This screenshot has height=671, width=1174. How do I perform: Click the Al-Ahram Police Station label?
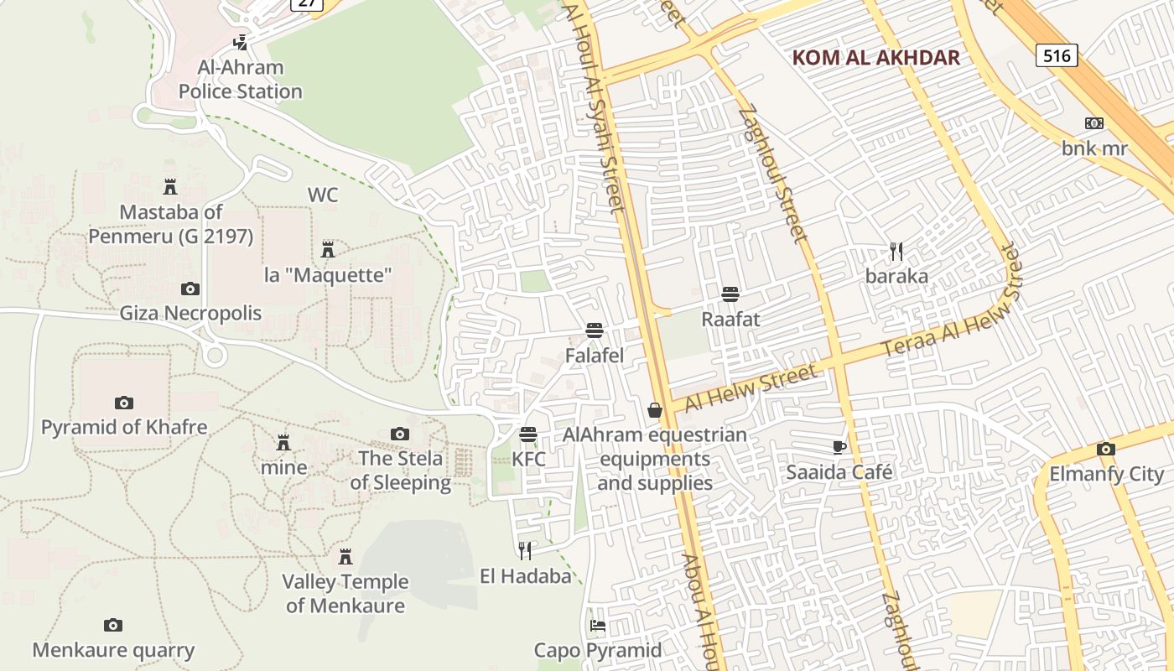click(x=240, y=80)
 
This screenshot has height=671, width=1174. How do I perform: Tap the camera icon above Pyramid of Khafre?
click(x=124, y=403)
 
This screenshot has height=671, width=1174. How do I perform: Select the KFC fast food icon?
click(x=528, y=434)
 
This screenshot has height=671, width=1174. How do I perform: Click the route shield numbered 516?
click(x=1057, y=55)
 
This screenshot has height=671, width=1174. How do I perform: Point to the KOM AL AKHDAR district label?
click(x=875, y=58)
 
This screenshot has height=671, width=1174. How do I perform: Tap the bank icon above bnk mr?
click(x=1093, y=123)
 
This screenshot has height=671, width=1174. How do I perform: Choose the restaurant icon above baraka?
click(x=896, y=251)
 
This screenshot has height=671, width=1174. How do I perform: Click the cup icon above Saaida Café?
click(x=839, y=447)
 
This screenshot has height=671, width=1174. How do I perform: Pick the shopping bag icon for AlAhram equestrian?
click(x=655, y=410)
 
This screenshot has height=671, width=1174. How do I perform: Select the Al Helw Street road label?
click(x=751, y=388)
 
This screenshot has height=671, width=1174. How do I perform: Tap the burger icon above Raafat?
click(x=730, y=294)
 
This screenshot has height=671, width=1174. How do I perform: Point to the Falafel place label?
click(x=595, y=356)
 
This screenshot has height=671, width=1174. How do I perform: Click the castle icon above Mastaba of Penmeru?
click(x=170, y=186)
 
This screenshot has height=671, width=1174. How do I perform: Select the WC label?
click(x=323, y=195)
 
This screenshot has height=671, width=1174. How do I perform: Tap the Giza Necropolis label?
click(x=190, y=314)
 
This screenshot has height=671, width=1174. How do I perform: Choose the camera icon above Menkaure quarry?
click(x=113, y=625)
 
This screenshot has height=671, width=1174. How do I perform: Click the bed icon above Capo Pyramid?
click(x=597, y=626)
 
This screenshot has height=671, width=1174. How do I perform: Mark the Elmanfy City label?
click(x=1107, y=474)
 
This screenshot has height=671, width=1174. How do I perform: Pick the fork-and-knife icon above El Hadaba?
click(x=525, y=550)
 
